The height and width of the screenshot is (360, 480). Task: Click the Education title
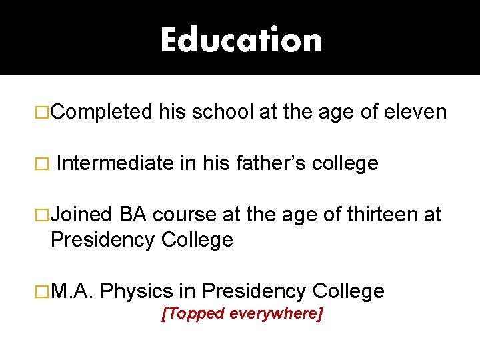point(241,39)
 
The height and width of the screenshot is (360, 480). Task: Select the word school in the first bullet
point(222,112)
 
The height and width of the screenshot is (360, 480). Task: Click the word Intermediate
point(115,163)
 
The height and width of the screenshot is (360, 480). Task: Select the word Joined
point(82,215)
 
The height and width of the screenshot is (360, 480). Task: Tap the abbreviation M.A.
point(74,291)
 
